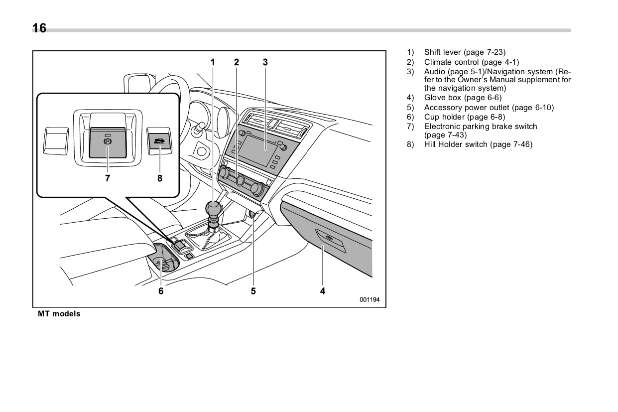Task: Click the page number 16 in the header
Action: click(x=39, y=28)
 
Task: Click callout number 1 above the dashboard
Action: click(x=213, y=62)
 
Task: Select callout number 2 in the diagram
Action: click(x=237, y=62)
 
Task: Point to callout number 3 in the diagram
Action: click(x=265, y=62)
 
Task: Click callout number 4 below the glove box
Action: click(x=323, y=291)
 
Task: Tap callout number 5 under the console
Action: click(x=253, y=291)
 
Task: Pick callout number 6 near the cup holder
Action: click(x=161, y=291)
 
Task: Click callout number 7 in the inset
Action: click(x=108, y=178)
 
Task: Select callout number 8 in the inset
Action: click(x=160, y=178)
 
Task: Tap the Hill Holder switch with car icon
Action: click(x=160, y=141)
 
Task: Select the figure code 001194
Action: click(x=370, y=300)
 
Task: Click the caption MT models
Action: click(x=59, y=314)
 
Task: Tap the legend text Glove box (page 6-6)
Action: click(x=463, y=98)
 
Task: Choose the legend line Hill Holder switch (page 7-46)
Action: click(x=478, y=144)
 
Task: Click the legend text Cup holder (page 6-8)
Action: click(x=464, y=117)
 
